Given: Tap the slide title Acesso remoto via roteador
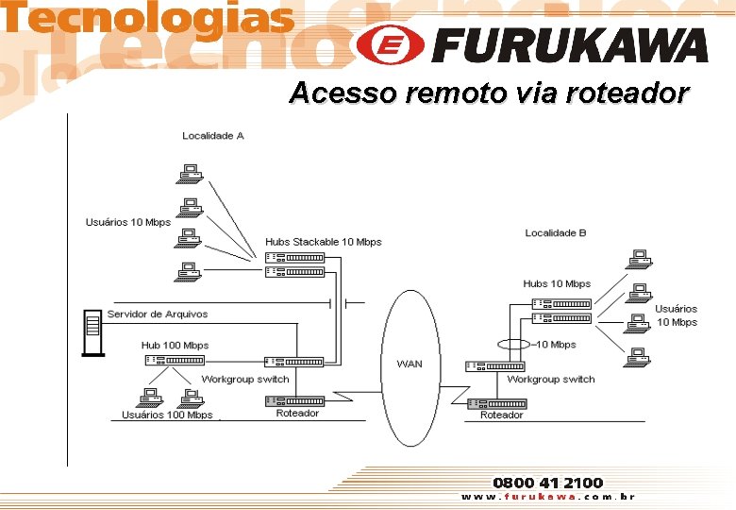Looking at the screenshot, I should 489,93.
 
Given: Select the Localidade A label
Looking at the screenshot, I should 213,136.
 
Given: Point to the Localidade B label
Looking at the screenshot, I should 556,232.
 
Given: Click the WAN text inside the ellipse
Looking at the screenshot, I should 410,364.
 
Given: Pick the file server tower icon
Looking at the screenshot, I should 92,331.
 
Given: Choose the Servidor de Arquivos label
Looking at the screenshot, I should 158,314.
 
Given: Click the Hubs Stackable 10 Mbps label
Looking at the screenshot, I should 324,242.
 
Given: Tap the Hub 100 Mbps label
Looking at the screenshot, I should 175,346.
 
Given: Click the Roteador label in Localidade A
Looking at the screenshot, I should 297,414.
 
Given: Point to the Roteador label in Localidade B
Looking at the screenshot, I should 501,416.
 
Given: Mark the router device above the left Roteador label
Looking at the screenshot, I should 294,400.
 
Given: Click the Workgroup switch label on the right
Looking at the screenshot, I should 551,380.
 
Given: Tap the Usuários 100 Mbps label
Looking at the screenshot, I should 167,415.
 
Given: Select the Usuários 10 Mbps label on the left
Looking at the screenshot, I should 128,222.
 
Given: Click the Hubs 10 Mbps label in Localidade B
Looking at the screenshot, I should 557,283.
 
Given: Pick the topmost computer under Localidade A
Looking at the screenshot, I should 192,173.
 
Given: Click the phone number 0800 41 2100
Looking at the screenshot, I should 548,483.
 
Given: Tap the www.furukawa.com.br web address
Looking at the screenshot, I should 547,497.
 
